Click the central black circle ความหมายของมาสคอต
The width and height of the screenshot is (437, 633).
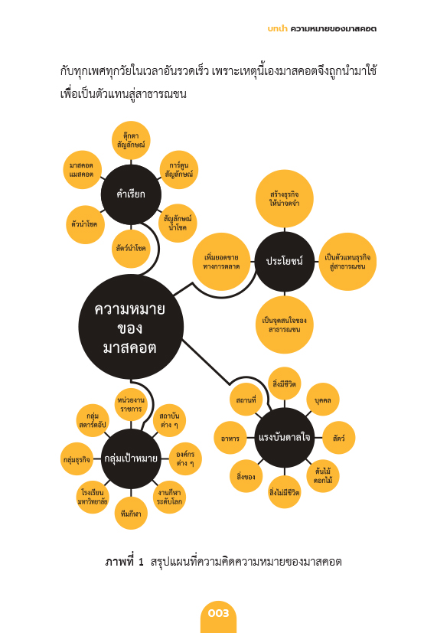click(x=131, y=327)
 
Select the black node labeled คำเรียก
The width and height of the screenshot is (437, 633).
click(x=131, y=194)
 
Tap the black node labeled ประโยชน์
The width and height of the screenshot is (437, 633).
click(x=285, y=261)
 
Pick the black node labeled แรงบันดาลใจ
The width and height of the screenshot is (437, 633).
click(x=285, y=438)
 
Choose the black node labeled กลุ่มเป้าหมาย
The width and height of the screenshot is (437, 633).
click(x=131, y=458)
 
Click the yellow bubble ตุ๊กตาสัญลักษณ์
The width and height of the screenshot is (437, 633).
click(x=131, y=140)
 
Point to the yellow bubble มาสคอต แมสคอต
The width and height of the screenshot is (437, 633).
click(x=82, y=170)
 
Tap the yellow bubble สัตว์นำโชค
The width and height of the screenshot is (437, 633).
click(x=131, y=248)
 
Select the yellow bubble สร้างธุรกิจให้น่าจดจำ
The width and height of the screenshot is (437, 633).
click(x=285, y=198)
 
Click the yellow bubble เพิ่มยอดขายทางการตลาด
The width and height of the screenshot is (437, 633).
click(x=221, y=262)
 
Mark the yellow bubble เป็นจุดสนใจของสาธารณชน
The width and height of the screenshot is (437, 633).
click(x=285, y=325)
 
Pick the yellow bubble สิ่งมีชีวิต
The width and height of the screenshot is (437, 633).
click(x=285, y=383)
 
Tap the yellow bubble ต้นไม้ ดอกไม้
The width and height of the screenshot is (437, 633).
click(x=323, y=476)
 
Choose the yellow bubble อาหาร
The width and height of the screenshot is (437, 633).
click(x=230, y=438)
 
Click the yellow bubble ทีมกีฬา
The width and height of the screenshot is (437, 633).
click(x=131, y=514)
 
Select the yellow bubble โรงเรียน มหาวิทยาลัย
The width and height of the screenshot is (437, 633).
click(x=93, y=498)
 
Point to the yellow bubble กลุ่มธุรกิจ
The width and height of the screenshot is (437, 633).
click(x=77, y=459)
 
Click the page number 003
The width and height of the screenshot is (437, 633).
click(x=218, y=613)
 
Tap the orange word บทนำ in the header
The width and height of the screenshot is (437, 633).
click(x=277, y=28)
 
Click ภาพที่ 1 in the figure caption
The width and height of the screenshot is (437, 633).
click(x=124, y=562)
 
